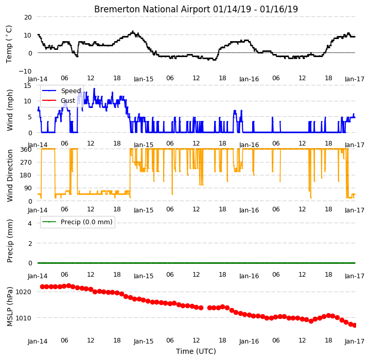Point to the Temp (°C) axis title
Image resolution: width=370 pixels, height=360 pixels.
(9, 44)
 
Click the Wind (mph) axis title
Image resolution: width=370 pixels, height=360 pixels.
(10, 110)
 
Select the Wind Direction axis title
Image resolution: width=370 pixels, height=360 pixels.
(10, 176)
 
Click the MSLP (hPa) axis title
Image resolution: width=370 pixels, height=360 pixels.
(10, 307)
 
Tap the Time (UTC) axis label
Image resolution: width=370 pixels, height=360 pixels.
(196, 351)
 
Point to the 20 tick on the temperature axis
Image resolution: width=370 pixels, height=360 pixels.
(28, 17)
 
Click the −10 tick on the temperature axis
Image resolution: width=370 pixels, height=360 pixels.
(25, 71)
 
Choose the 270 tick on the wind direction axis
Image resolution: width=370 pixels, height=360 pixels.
(26, 163)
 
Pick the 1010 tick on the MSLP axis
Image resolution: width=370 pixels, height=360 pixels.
(23, 318)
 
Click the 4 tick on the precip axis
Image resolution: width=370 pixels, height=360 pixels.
(30, 223)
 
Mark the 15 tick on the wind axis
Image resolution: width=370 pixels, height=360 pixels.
(28, 85)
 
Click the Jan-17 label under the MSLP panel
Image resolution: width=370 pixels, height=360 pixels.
(355, 341)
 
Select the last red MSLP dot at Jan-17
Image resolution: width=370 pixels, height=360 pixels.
(355, 326)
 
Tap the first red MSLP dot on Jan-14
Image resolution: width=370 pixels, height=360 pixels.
(43, 286)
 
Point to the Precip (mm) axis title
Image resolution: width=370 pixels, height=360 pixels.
(10, 241)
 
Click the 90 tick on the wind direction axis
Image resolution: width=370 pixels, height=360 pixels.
(28, 188)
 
